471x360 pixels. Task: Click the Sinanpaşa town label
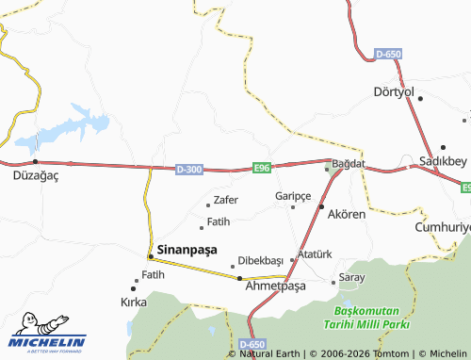click(187, 250)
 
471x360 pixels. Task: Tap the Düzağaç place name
click(36, 175)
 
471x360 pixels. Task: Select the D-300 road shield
click(188, 169)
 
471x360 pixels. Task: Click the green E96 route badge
click(262, 168)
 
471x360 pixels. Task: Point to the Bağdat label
click(349, 164)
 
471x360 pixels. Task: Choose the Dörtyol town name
click(394, 91)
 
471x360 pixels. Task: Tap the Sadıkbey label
click(445, 161)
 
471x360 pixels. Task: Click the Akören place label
click(346, 214)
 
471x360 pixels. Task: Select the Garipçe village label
click(293, 195)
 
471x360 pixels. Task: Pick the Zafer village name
click(226, 200)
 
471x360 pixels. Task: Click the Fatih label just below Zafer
click(219, 221)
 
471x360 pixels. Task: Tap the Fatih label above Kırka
click(153, 274)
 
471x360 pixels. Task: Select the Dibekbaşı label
click(261, 260)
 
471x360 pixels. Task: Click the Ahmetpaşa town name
click(275, 286)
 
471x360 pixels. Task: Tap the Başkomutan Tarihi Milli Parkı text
click(367, 318)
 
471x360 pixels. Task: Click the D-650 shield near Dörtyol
click(388, 55)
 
